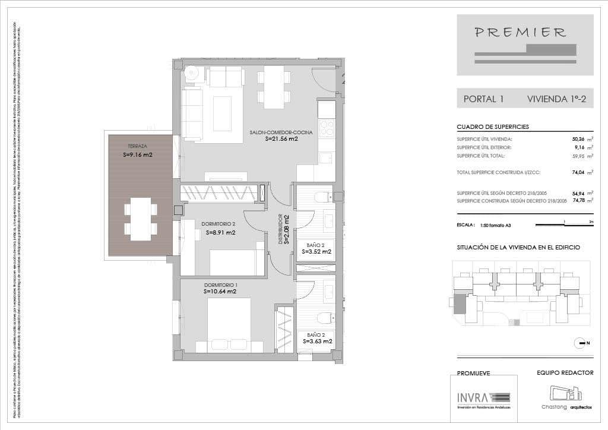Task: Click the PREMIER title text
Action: pos(520,33)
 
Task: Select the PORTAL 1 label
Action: pos(483,99)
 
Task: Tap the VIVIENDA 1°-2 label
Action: pos(556,99)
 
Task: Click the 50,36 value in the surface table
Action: pos(577,138)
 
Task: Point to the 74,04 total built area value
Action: pos(577,173)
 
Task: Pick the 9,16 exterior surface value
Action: pos(579,147)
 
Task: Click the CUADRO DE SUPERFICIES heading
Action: pos(492,127)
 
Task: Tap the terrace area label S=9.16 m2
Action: pos(137,154)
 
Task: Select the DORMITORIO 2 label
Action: pos(219,224)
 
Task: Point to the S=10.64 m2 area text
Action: pos(220,292)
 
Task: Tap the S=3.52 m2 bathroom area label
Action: pos(316,252)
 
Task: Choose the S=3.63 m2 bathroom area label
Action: pos(317,342)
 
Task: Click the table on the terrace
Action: pos(141,219)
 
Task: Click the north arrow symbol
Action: pos(580,343)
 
